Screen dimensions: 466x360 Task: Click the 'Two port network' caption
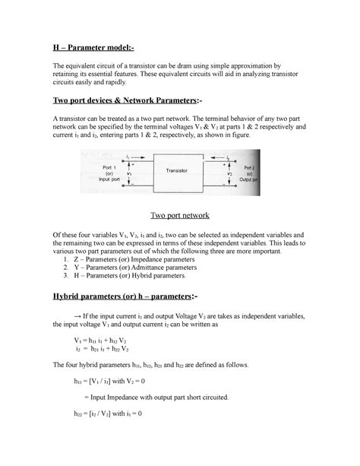pyautogui.click(x=179, y=215)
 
